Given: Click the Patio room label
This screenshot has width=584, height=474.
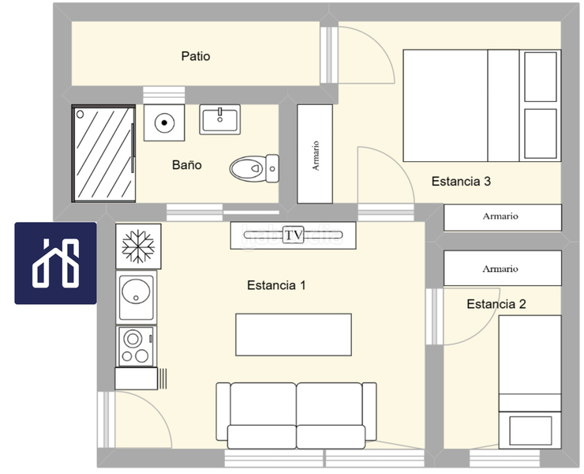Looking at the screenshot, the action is click(196, 56).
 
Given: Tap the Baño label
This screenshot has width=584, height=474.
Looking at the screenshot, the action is click(186, 165).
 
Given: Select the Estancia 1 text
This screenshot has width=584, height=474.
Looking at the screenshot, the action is click(276, 285).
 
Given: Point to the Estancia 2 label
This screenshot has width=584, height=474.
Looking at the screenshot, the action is click(496, 304).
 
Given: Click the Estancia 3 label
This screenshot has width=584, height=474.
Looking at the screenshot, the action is click(461, 181).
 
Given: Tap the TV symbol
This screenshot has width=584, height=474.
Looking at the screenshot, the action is click(293, 235).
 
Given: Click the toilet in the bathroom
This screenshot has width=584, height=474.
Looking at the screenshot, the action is click(254, 168).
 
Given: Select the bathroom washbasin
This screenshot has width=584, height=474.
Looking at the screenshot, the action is click(219, 119).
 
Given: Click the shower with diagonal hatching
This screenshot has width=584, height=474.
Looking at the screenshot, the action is click(103, 153).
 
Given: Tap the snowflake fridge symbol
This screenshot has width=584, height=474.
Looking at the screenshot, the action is click(138, 246).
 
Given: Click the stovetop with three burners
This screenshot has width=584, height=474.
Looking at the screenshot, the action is click(136, 347).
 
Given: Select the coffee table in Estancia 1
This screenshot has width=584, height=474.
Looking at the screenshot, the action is click(294, 334).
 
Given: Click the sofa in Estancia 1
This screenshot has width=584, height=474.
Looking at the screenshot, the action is click(296, 416).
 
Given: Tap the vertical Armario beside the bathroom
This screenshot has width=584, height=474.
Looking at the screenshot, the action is click(315, 154).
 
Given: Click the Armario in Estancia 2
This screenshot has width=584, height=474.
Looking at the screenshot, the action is click(503, 268).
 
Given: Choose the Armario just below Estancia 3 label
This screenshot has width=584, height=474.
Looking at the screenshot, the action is click(503, 217).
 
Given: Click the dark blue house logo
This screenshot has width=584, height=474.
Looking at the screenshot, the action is click(55, 263).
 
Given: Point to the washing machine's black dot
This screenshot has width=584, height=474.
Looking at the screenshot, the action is click(164, 122).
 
